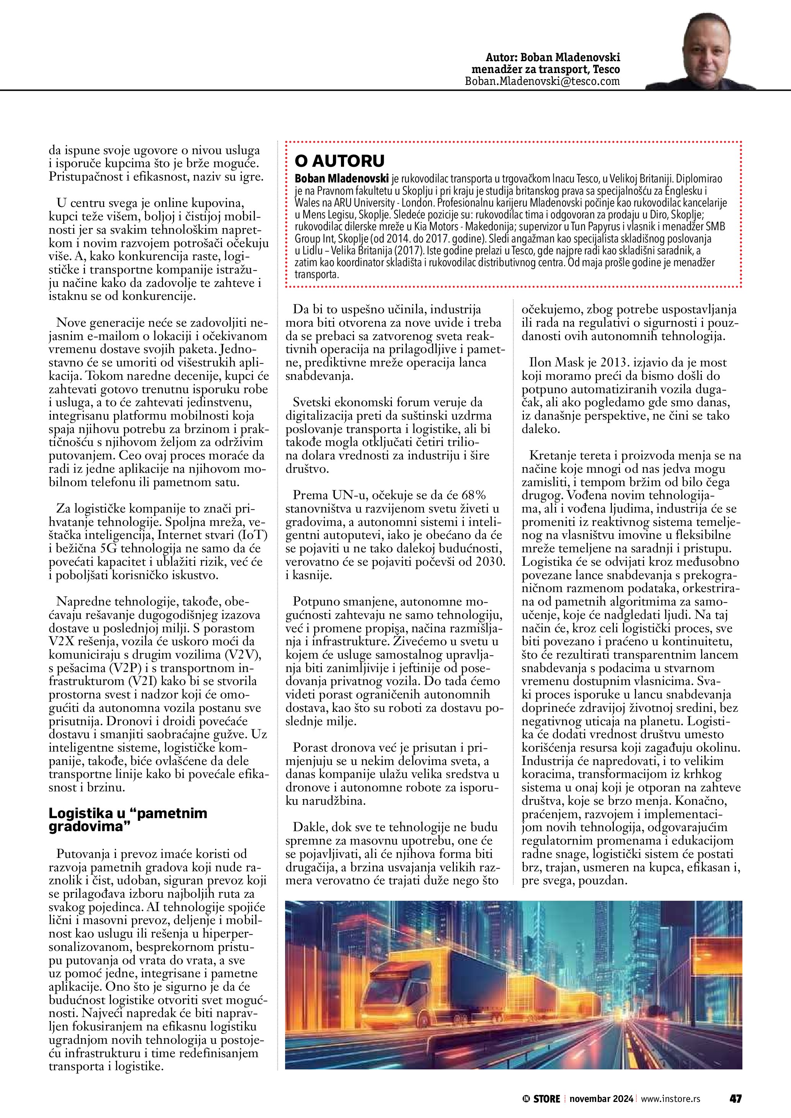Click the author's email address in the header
tap(542, 81)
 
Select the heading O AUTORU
tap(339, 161)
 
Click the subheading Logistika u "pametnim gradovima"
tap(127, 820)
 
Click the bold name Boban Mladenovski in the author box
tap(341, 179)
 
